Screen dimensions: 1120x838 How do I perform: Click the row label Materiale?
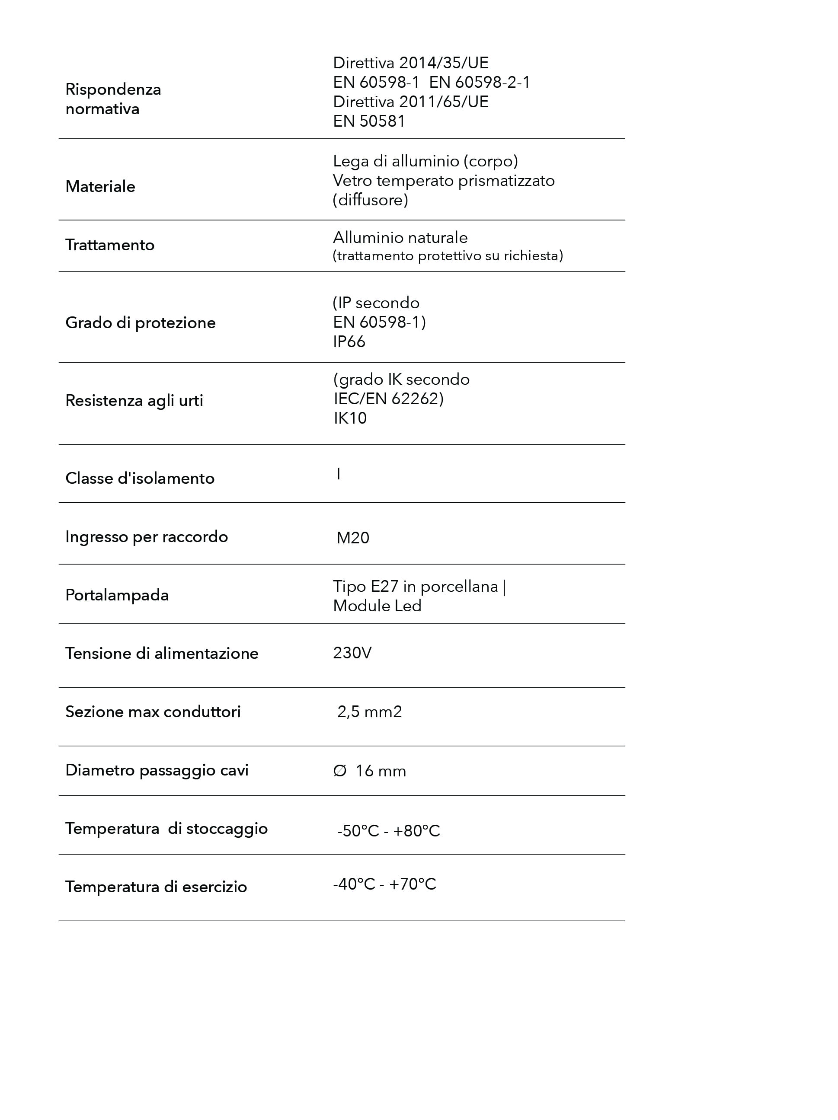100,186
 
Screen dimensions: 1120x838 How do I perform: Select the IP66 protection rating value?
349,342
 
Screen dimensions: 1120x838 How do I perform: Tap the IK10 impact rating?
350,418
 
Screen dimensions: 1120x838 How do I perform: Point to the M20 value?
353,537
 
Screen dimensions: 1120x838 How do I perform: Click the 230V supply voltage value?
352,653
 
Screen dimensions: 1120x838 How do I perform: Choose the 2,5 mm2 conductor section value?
370,712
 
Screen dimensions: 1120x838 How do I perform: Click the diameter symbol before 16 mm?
339,771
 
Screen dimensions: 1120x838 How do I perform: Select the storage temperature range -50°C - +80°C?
388,831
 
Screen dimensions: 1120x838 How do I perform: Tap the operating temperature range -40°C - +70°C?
384,884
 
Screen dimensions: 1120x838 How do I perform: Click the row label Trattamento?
110,245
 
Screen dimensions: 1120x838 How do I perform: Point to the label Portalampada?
117,595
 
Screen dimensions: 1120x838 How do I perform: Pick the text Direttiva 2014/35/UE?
411,63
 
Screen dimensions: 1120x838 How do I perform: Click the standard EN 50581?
369,121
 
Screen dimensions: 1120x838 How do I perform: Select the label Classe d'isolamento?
140,478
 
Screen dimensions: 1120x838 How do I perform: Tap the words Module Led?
377,606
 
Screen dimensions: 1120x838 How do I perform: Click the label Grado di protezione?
140,322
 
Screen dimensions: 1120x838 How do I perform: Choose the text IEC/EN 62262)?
388,399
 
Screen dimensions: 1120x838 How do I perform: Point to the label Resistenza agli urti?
134,401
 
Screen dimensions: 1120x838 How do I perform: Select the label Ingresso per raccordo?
146,537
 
